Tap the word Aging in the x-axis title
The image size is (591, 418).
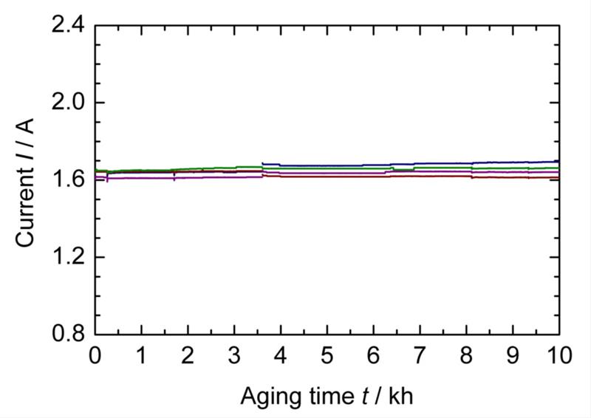coord(264,397)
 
